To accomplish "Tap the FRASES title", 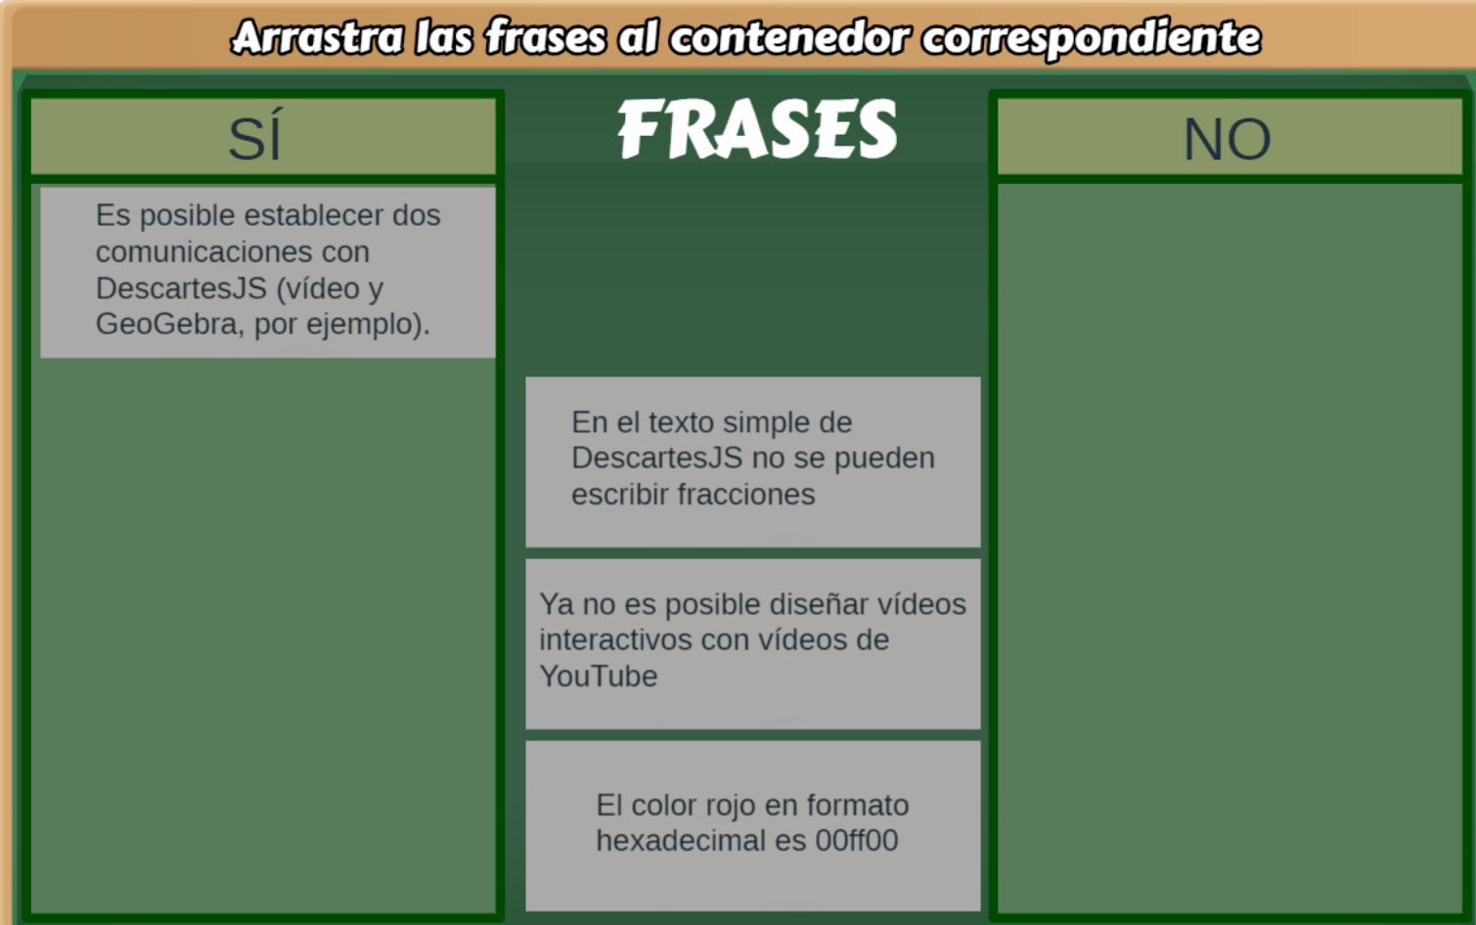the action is pyautogui.click(x=757, y=128).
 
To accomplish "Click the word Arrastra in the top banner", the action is pyautogui.click(x=317, y=37).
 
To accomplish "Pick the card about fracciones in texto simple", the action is pyautogui.click(x=753, y=462).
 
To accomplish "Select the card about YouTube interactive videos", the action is pyautogui.click(x=753, y=643).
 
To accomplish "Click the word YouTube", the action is pyautogui.click(x=599, y=676).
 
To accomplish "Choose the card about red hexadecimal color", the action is pyautogui.click(x=753, y=825).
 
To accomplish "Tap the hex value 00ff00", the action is pyautogui.click(x=857, y=840).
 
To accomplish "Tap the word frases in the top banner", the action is pyautogui.click(x=546, y=37).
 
